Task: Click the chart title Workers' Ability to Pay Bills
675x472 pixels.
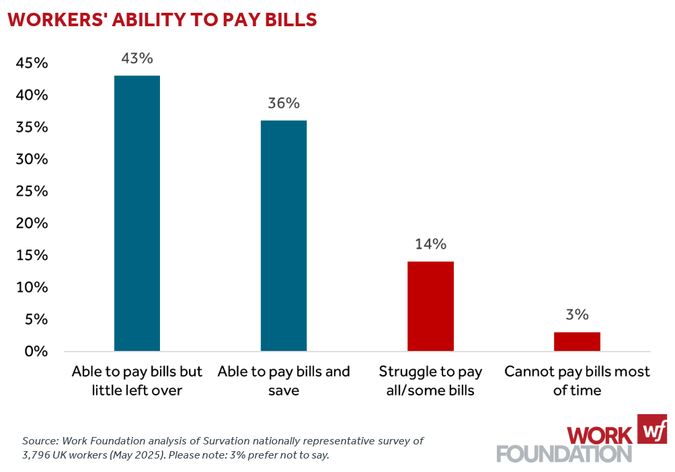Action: click(x=162, y=20)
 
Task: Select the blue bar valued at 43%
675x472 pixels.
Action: click(x=137, y=213)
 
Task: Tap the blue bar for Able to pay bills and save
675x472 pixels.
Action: click(x=284, y=235)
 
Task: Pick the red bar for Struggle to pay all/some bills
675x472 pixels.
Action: click(x=430, y=306)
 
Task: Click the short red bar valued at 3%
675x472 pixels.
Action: click(x=577, y=342)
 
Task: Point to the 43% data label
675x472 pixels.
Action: click(x=137, y=58)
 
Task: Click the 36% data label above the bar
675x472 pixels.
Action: click(x=284, y=104)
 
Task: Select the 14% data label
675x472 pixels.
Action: click(x=430, y=244)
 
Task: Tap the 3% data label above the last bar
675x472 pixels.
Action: click(x=577, y=315)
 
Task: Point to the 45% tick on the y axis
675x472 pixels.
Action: click(x=32, y=64)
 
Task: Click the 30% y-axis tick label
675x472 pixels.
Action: click(x=32, y=160)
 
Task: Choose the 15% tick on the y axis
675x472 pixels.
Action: click(x=32, y=255)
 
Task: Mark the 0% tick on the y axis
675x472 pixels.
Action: click(x=36, y=352)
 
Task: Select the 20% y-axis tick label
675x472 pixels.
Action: click(x=32, y=224)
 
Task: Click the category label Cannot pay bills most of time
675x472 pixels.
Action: click(x=577, y=381)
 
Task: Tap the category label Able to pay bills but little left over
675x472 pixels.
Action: click(x=137, y=381)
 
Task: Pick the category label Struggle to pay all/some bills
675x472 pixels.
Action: click(x=430, y=381)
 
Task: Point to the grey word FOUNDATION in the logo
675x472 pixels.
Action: click(x=564, y=453)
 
